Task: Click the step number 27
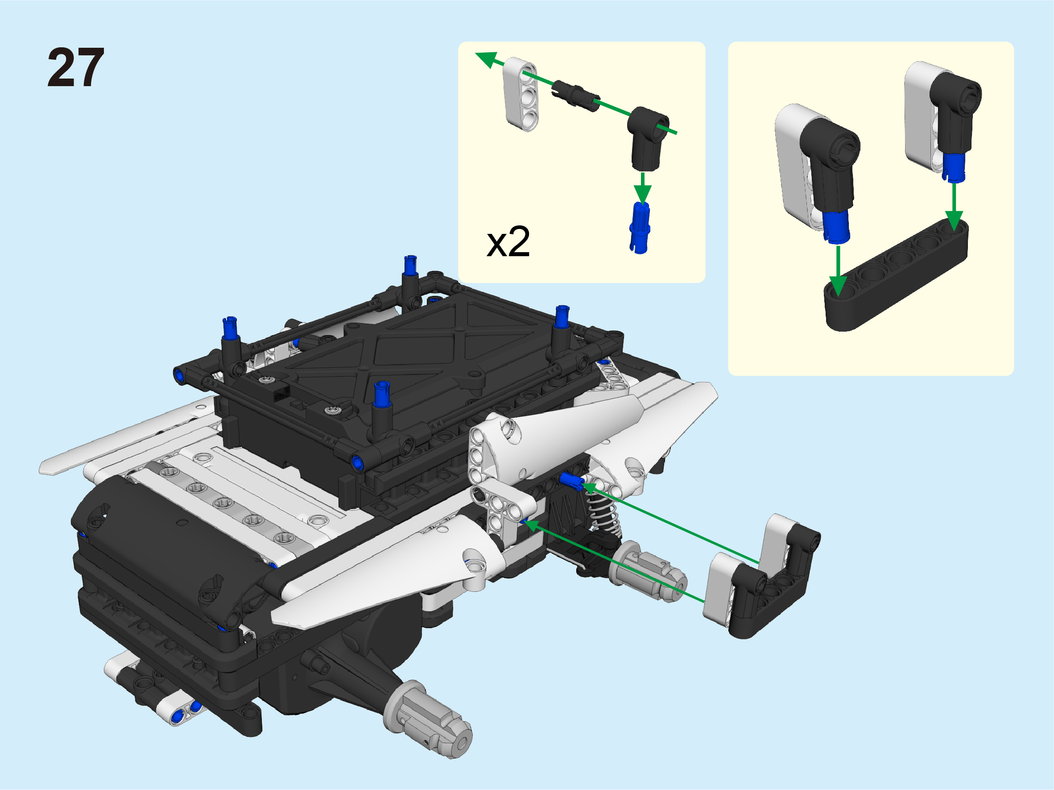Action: tap(76, 68)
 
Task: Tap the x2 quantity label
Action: tap(508, 242)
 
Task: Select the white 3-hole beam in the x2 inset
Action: tap(521, 94)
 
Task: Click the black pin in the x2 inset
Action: tap(575, 96)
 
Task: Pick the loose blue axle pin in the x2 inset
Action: tap(640, 228)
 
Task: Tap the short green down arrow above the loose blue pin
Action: tap(643, 188)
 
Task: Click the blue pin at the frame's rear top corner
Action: tap(410, 265)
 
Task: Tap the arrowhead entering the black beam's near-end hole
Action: tap(838, 286)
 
